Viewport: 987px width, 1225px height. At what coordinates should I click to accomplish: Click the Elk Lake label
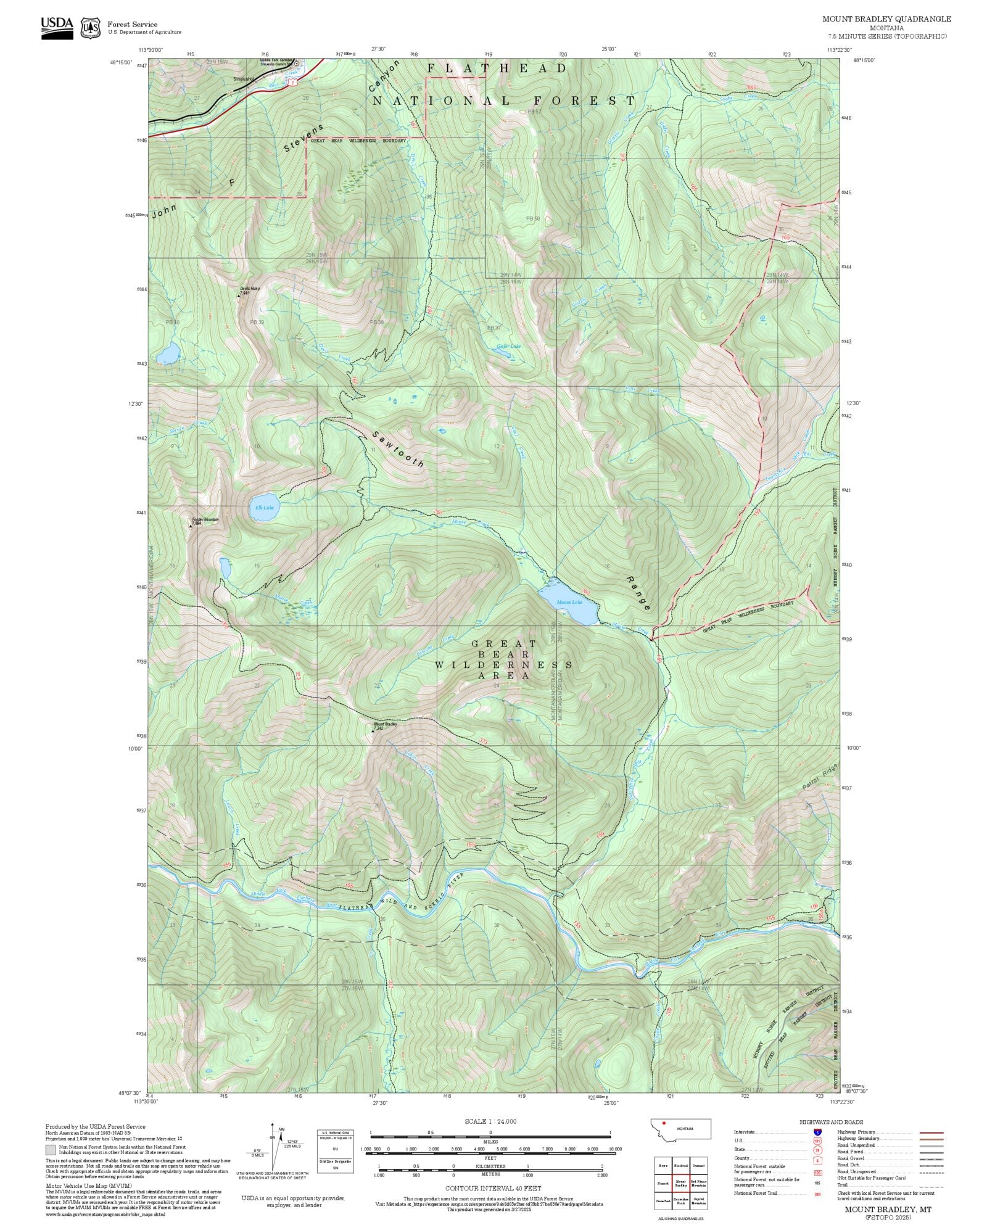(x=264, y=508)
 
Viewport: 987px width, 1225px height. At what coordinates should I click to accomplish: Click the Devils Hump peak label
(x=249, y=288)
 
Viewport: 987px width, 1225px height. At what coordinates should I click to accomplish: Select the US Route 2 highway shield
(x=295, y=81)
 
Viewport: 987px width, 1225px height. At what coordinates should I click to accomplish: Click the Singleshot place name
(x=244, y=79)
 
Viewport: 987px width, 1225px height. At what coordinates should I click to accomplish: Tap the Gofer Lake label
(x=508, y=346)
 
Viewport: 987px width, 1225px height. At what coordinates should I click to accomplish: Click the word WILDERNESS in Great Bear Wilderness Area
(x=503, y=665)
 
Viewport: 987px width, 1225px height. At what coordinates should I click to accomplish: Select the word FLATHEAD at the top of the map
(x=497, y=68)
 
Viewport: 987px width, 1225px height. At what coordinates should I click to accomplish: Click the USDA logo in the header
(x=57, y=28)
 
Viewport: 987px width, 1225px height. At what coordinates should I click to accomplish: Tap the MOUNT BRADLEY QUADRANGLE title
(x=886, y=19)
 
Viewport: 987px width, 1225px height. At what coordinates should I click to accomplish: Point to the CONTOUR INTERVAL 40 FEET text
(x=493, y=1188)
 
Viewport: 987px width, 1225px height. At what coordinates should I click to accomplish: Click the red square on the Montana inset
(x=664, y=1123)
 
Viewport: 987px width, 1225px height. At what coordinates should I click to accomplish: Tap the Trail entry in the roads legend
(x=842, y=1185)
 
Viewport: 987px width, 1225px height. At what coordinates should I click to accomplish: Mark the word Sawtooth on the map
(x=399, y=448)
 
